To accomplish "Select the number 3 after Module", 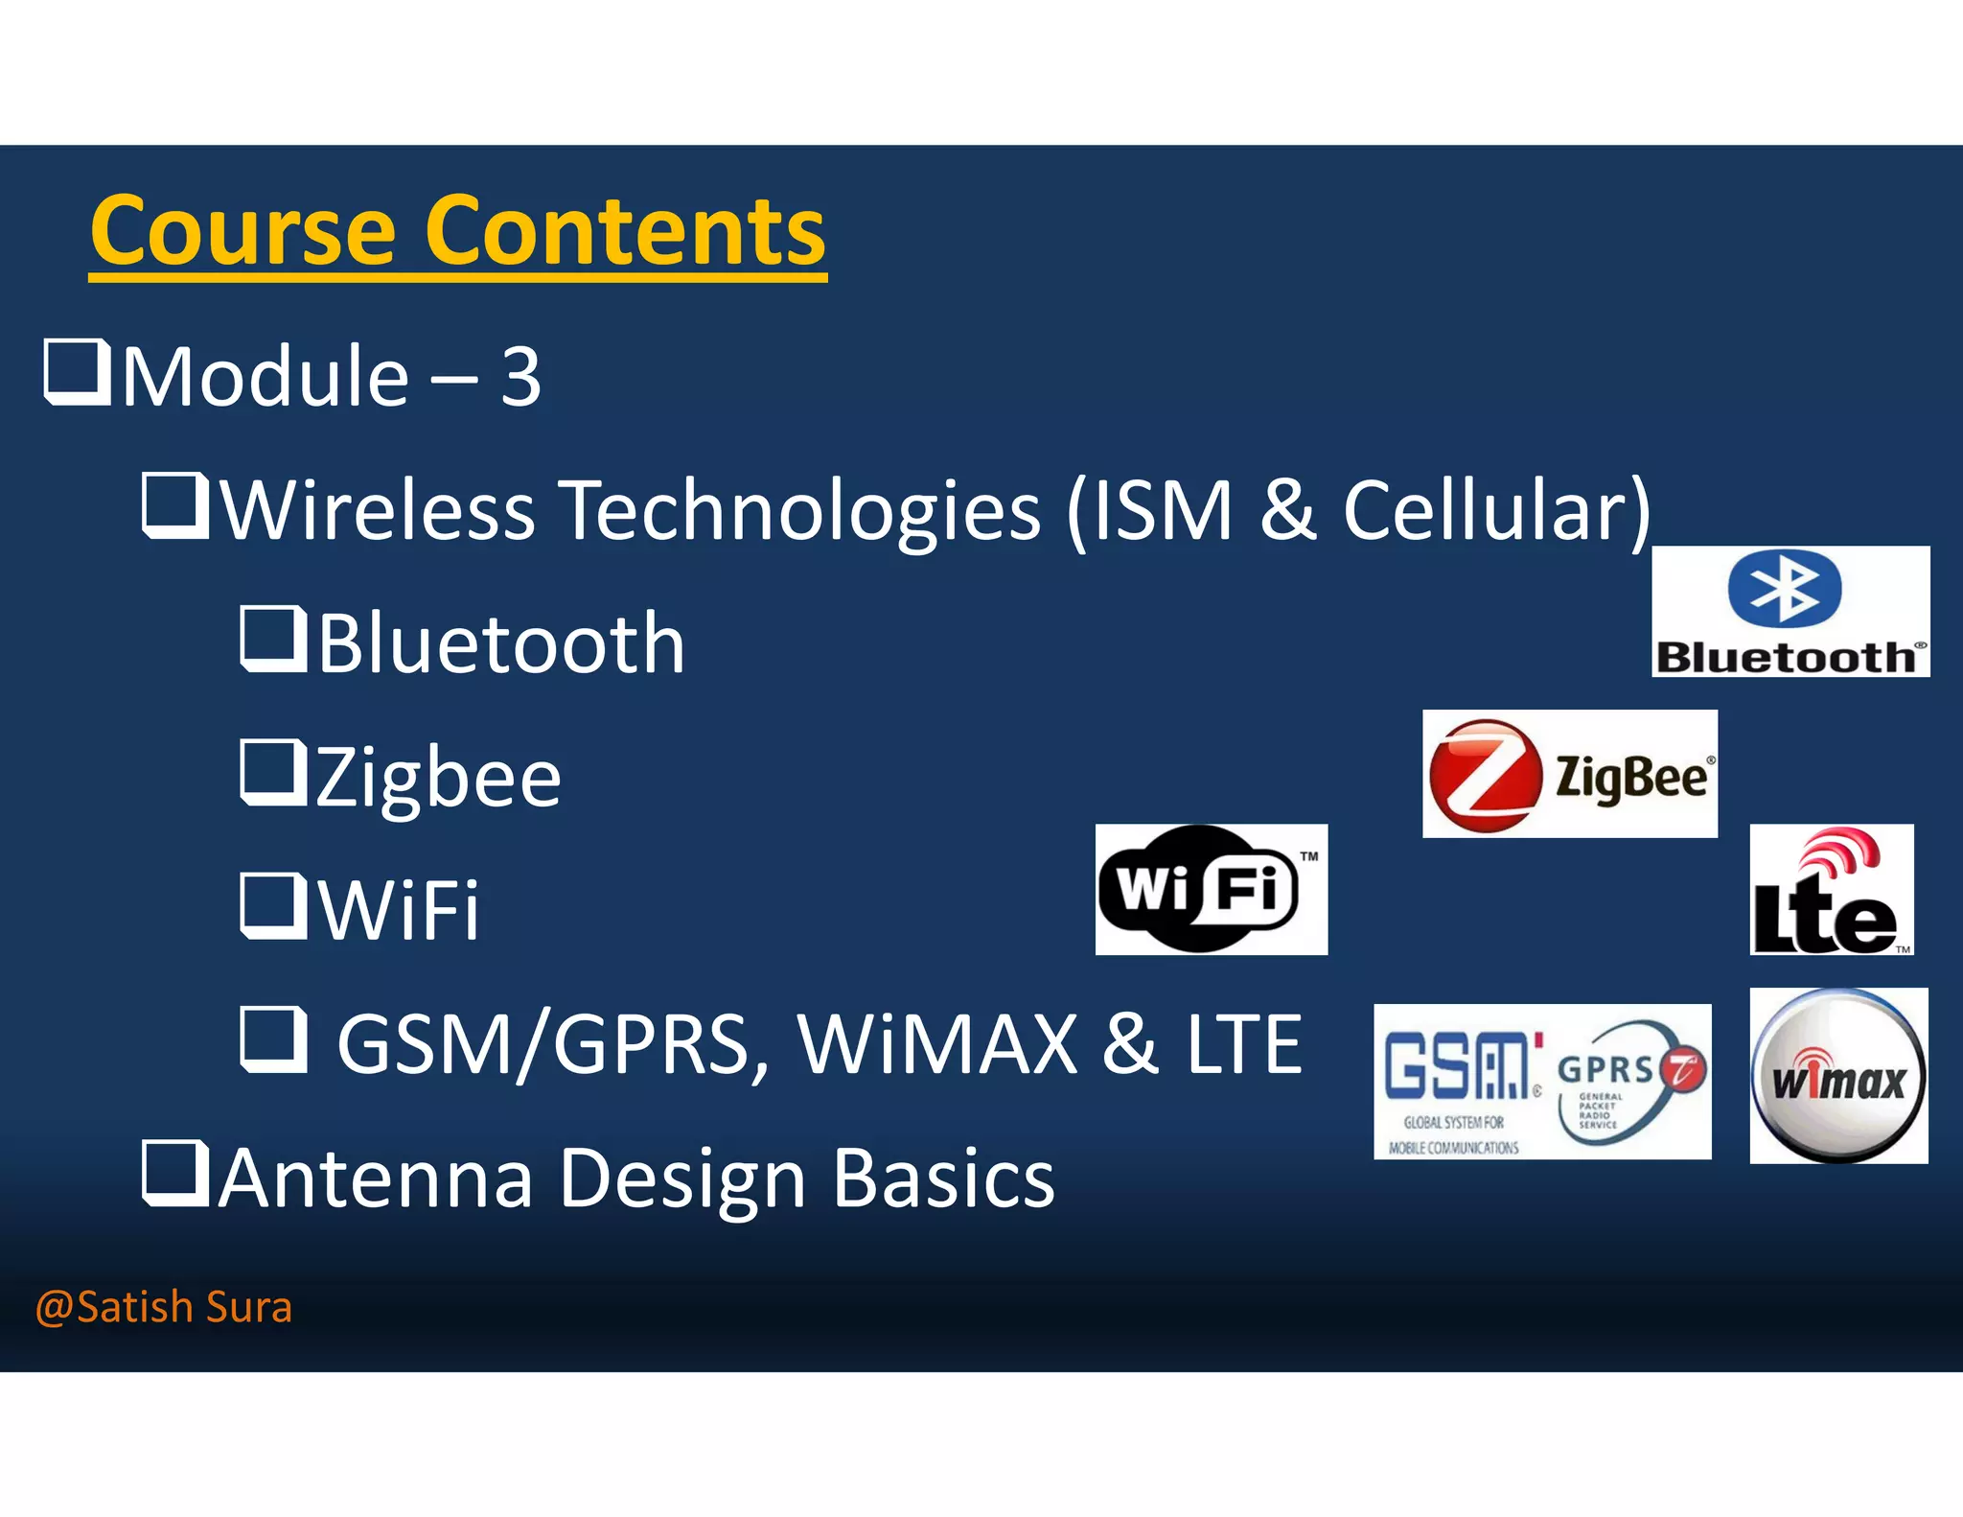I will click(520, 378).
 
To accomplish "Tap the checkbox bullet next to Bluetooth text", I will click(272, 640).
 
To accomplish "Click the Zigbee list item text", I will click(438, 778).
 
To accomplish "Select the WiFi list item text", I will click(399, 910).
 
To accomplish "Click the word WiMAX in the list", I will click(937, 1044).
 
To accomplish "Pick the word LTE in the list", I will click(1244, 1044).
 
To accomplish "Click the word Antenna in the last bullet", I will click(375, 1179).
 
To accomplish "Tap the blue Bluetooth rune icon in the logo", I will click(1785, 588).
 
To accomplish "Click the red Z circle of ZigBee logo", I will click(1485, 775).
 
